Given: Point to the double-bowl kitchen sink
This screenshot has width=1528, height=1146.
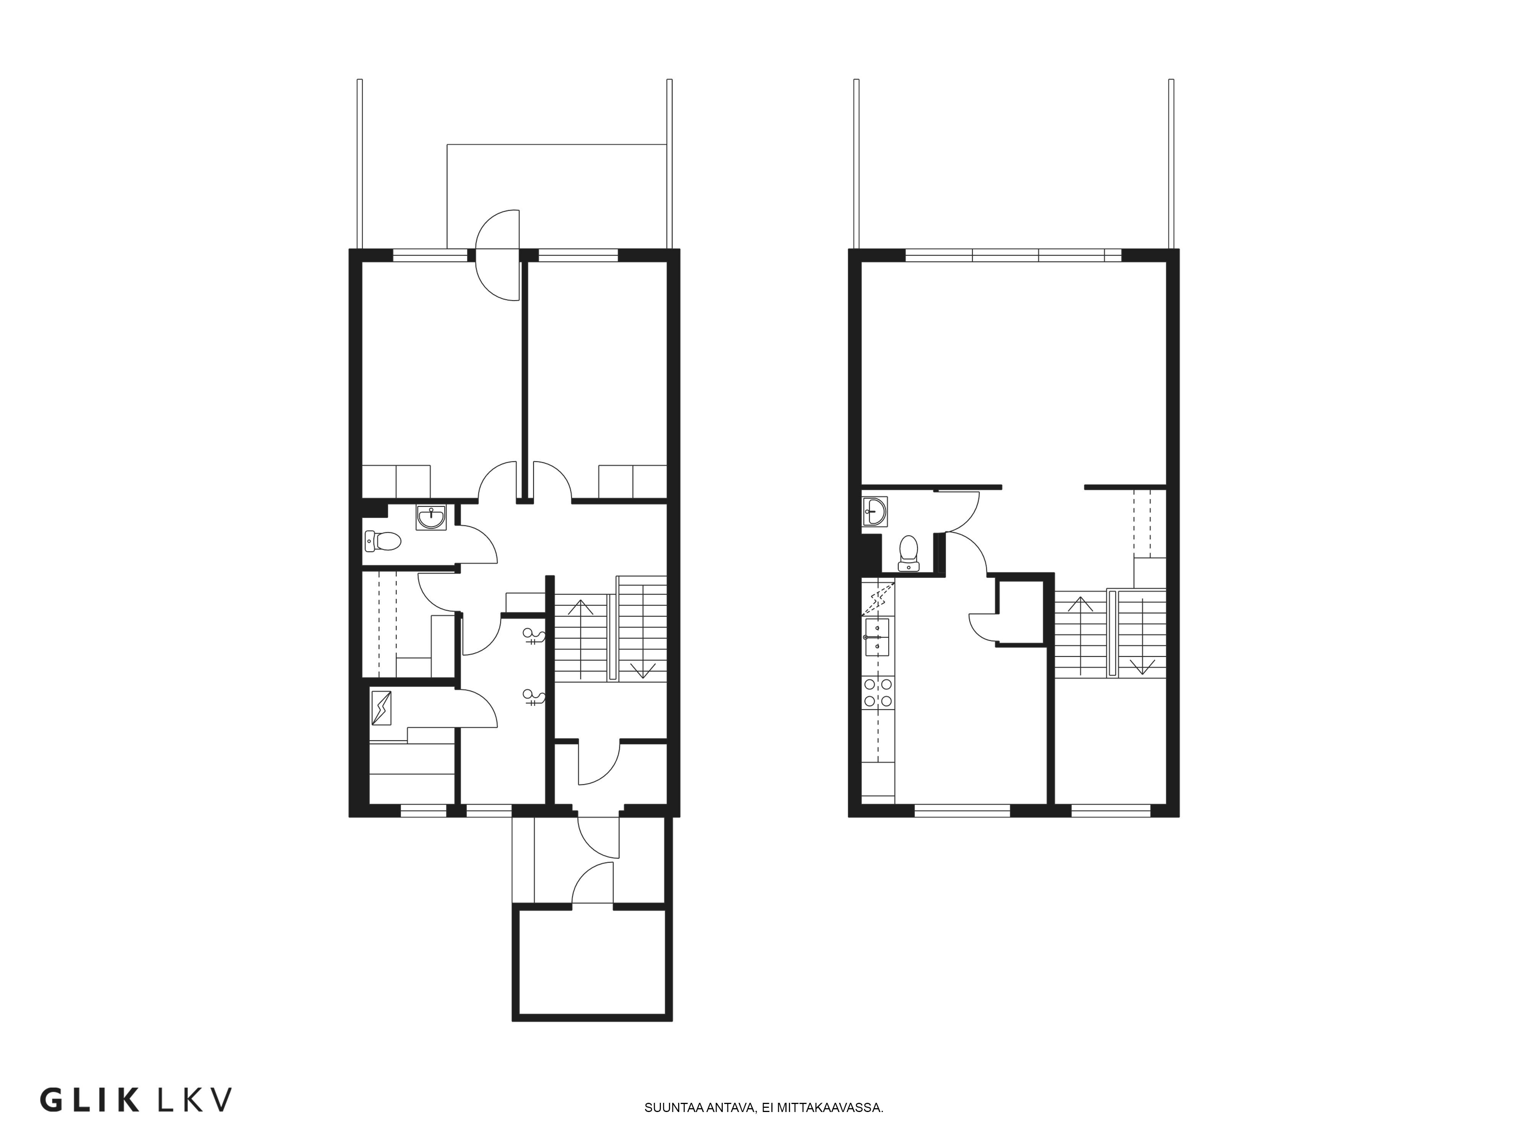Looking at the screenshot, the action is click(877, 636).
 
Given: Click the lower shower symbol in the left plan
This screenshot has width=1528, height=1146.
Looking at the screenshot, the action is click(535, 698).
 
